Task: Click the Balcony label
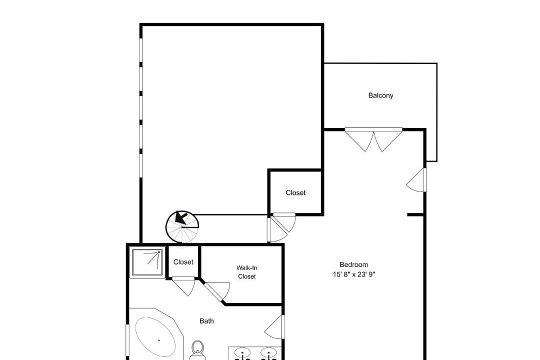pyautogui.click(x=380, y=95)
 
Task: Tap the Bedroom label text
pyautogui.click(x=353, y=264)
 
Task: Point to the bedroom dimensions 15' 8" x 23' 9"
pyautogui.click(x=353, y=274)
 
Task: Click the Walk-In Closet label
pyautogui.click(x=247, y=272)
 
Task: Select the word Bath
pyautogui.click(x=206, y=321)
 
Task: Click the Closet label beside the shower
pyautogui.click(x=183, y=262)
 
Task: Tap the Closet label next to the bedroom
pyautogui.click(x=295, y=193)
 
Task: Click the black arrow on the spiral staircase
pyautogui.click(x=181, y=217)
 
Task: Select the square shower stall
pyautogui.click(x=147, y=262)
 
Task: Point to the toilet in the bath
pyautogui.click(x=197, y=349)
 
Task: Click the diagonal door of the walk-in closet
pyautogui.click(x=216, y=291)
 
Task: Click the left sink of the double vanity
pyautogui.click(x=243, y=353)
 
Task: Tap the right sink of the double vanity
pyautogui.click(x=268, y=353)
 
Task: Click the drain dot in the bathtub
pyautogui.click(x=159, y=340)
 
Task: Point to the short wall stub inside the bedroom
pyautogui.click(x=416, y=215)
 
